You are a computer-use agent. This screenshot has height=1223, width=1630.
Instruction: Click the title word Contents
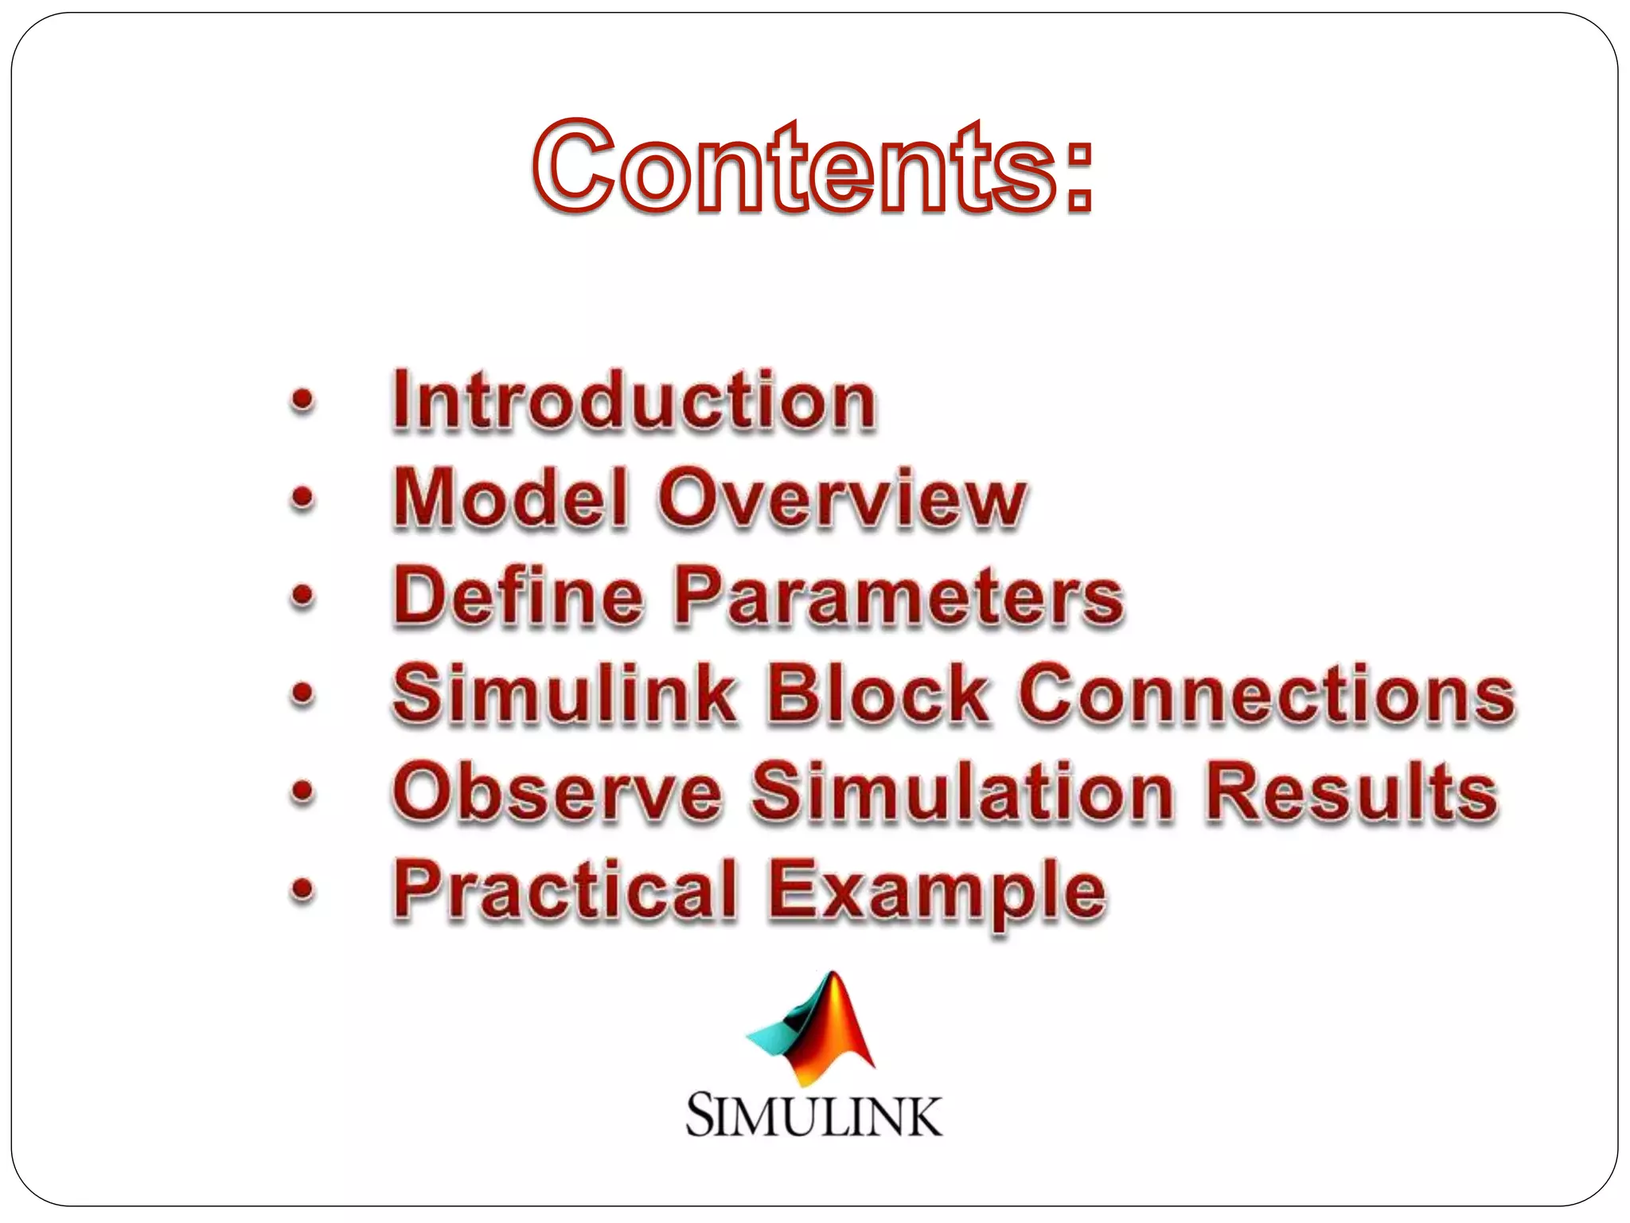[x=796, y=167]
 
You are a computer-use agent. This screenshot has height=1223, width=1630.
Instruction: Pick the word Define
[x=518, y=596]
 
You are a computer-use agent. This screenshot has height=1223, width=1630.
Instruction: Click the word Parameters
[x=899, y=596]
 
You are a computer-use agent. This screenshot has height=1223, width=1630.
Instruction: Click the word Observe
[x=557, y=791]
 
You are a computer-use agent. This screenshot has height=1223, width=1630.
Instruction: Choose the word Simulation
[x=963, y=791]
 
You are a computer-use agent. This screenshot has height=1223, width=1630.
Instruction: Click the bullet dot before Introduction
[x=302, y=401]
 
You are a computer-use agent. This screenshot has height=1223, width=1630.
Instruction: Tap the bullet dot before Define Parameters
[x=302, y=596]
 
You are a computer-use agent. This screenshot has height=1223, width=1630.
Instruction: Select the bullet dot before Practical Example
[x=302, y=889]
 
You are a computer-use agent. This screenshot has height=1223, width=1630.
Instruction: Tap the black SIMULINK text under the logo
[x=813, y=1115]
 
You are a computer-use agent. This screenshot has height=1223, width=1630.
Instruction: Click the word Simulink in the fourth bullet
[x=564, y=694]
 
